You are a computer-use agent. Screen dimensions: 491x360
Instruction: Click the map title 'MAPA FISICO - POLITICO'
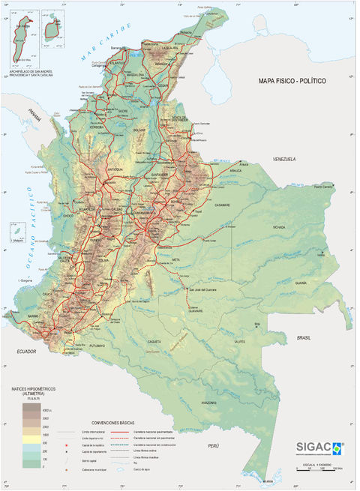point(292,80)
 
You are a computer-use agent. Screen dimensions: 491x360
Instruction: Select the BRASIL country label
point(304,338)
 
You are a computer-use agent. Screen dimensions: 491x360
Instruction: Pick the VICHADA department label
point(279,226)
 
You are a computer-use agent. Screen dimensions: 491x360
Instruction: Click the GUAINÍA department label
point(301,283)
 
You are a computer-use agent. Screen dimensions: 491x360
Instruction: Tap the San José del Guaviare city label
point(201,289)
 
